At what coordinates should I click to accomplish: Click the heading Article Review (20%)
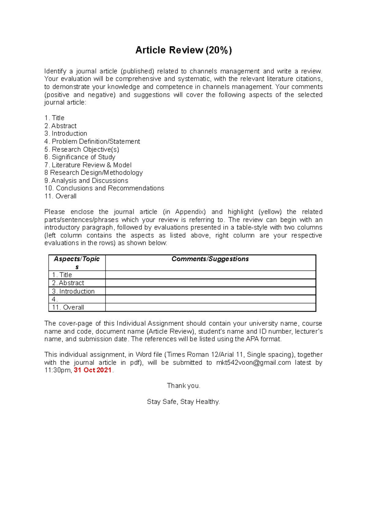click(183, 50)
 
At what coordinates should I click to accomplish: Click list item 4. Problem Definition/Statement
click(92, 141)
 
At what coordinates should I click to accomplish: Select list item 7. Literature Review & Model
click(88, 165)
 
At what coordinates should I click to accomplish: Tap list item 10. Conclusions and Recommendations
click(104, 188)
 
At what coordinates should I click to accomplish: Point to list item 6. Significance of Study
click(80, 157)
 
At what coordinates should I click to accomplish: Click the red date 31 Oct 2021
click(93, 370)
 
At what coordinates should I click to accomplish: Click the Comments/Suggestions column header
click(210, 259)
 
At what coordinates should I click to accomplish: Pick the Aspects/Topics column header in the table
click(77, 263)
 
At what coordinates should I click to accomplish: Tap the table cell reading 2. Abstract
click(68, 283)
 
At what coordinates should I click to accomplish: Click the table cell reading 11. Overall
click(68, 307)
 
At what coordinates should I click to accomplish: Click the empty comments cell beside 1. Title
click(210, 275)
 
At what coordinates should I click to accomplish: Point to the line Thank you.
click(183, 386)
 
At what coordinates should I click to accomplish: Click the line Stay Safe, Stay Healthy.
click(183, 402)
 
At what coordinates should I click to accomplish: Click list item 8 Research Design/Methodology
click(94, 173)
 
